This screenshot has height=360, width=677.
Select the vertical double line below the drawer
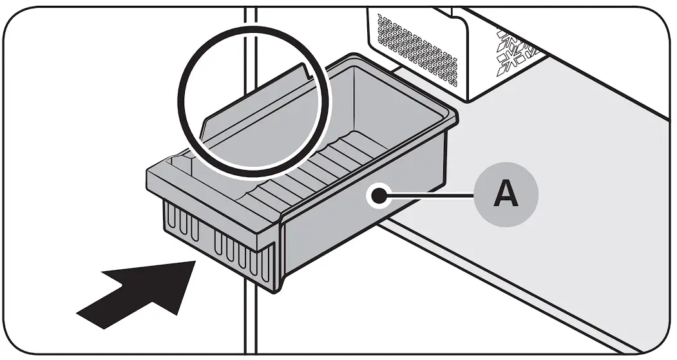tap(251, 322)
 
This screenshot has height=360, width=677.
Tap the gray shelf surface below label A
tap(515, 270)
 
